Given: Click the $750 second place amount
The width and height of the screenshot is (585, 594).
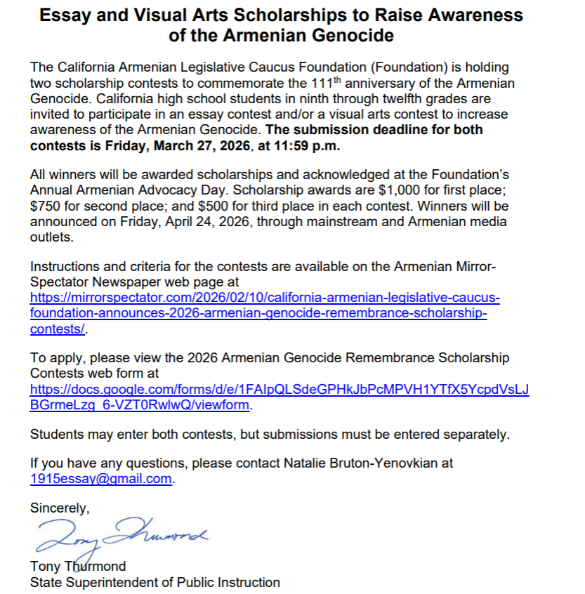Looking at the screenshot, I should (46, 206).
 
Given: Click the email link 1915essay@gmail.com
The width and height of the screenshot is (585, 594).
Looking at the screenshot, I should (101, 479).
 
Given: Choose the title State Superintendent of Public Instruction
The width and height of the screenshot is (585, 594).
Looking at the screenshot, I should (155, 582).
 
